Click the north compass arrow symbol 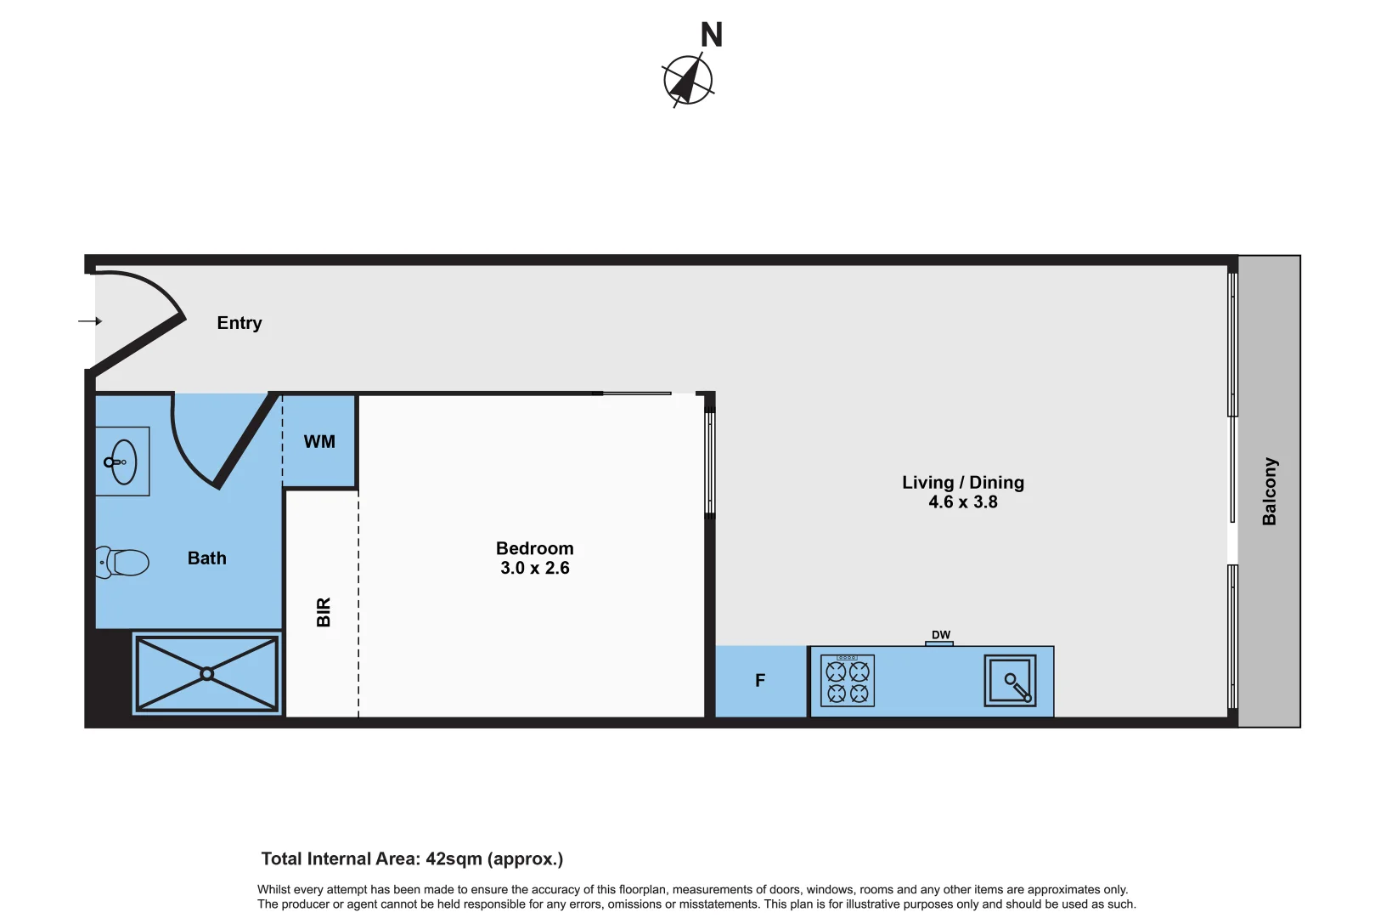[x=688, y=80]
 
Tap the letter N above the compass [x=712, y=36]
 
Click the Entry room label [x=239, y=323]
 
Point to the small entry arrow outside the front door [x=90, y=321]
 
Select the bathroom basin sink [x=123, y=462]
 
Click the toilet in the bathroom [x=123, y=562]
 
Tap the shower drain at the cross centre [x=206, y=674]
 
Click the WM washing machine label [x=319, y=442]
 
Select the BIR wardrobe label [x=324, y=612]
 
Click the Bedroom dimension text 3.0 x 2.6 [x=535, y=569]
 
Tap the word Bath [x=207, y=558]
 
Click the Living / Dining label [x=962, y=483]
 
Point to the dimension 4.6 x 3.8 [x=962, y=502]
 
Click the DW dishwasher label [x=940, y=635]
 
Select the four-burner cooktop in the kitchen [x=848, y=681]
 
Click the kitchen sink [x=1010, y=681]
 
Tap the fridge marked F [x=760, y=681]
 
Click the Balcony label [x=1269, y=491]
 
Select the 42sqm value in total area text [x=454, y=859]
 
